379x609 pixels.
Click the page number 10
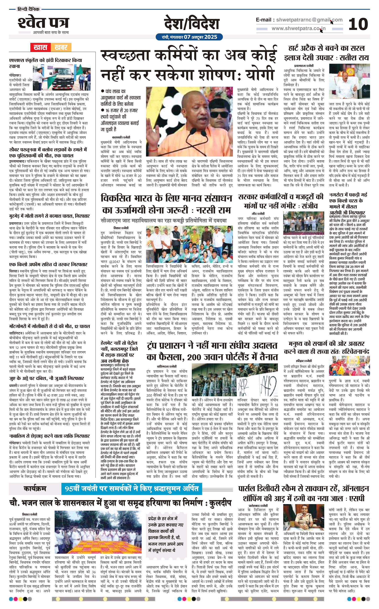tap(358, 24)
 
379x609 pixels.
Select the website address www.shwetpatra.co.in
tap(299, 28)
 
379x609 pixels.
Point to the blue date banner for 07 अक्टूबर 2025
tap(189, 37)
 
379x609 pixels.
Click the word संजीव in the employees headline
tap(308, 206)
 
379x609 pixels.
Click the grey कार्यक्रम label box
tap(35, 488)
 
